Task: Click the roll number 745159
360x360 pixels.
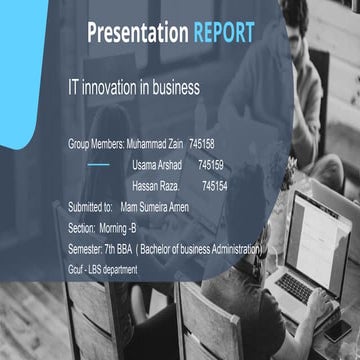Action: point(211,164)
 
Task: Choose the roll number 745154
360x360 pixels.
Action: point(214,185)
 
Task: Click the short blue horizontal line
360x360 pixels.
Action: point(98,164)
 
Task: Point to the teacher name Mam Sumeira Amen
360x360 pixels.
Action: point(154,207)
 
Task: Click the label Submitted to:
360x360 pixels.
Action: point(89,207)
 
